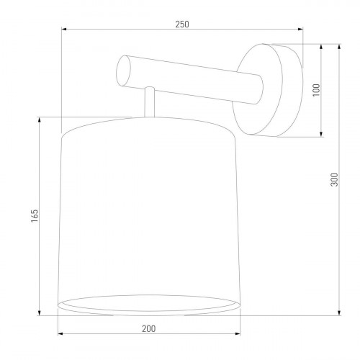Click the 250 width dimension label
tap(181, 24)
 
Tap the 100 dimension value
tap(315, 90)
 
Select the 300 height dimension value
tap(333, 180)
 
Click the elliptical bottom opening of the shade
tap(148, 304)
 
